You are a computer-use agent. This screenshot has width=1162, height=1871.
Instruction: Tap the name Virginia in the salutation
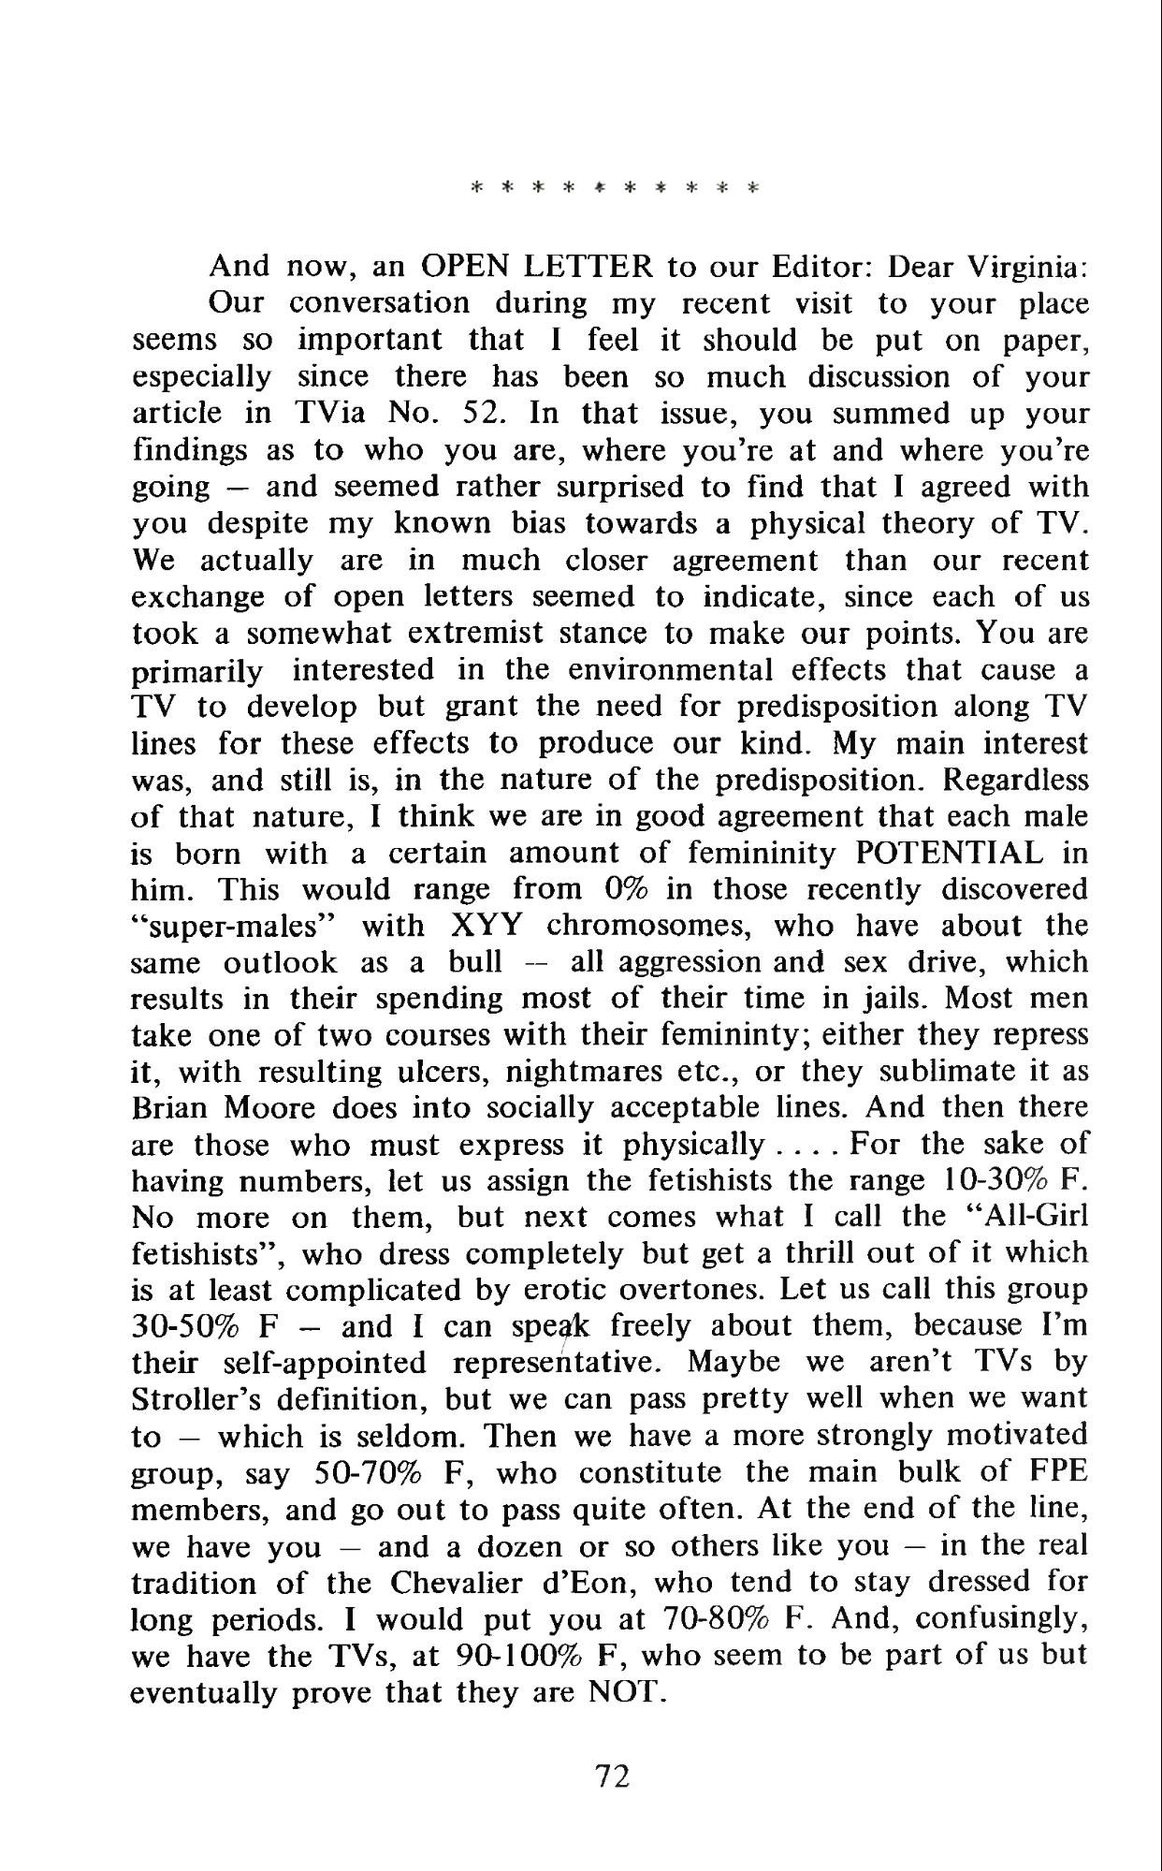(1027, 268)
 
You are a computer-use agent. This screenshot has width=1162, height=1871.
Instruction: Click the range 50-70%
(362, 1474)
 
